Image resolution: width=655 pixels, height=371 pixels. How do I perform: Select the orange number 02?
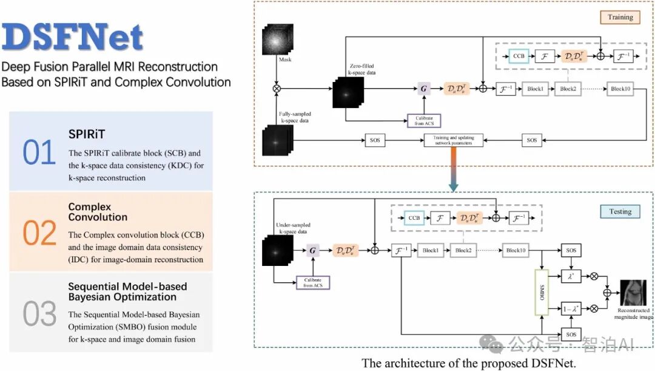coord(39,233)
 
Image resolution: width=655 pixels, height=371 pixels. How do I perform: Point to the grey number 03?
coord(39,313)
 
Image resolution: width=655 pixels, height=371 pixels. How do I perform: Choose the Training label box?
coord(620,17)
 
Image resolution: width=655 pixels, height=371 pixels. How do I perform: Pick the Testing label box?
coord(620,211)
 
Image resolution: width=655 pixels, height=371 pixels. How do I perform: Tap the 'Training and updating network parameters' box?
coord(449,140)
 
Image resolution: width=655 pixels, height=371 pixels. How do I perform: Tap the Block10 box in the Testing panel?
coord(517,250)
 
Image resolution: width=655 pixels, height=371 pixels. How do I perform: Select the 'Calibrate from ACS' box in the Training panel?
coord(424,120)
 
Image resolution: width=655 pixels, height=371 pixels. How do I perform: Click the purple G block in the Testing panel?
coord(313,250)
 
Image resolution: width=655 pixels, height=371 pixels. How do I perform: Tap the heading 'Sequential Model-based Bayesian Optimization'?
coord(127,291)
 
